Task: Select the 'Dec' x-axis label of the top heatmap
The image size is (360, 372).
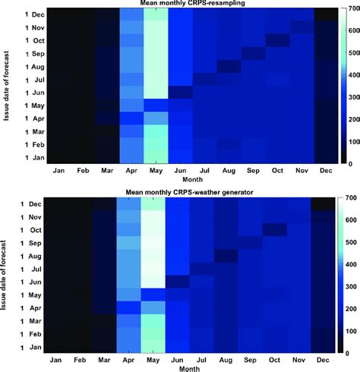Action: click(x=324, y=172)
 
